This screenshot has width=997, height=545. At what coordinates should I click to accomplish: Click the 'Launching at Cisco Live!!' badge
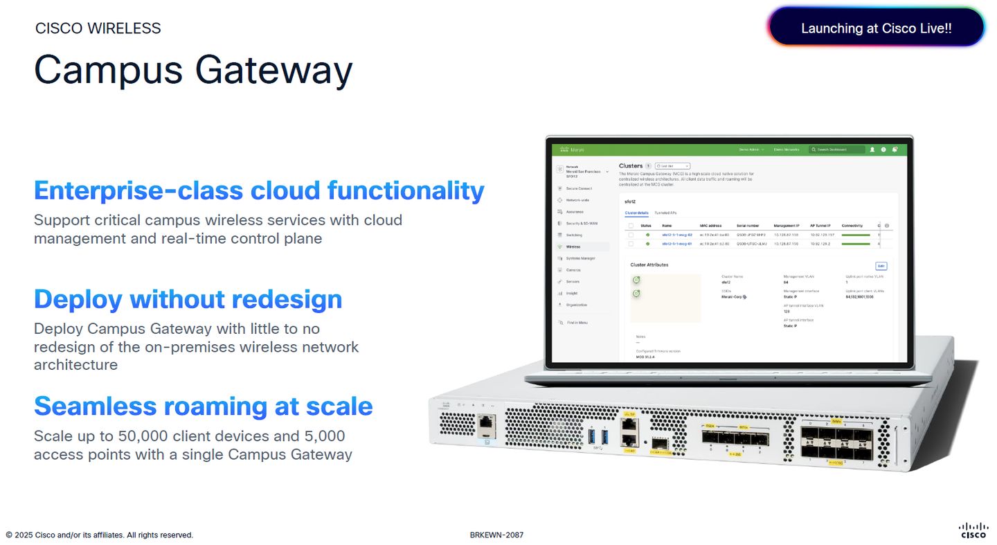point(876,28)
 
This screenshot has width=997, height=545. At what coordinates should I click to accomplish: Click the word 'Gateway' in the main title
point(273,70)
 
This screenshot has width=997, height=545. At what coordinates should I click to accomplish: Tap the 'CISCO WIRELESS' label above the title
point(98,28)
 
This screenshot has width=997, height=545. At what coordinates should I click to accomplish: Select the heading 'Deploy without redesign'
point(188,299)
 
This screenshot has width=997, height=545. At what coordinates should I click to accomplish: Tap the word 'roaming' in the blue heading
point(211,406)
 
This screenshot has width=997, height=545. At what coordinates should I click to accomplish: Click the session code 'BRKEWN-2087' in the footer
point(496,535)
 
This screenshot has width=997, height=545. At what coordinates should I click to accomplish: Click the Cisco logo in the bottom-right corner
point(973,530)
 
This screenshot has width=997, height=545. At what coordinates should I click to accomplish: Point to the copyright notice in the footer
point(100,535)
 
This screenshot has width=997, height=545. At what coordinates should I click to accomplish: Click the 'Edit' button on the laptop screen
point(881,266)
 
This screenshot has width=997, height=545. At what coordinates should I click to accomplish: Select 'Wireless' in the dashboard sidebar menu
point(573,247)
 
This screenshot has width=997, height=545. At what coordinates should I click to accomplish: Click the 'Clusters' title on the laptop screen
point(631,166)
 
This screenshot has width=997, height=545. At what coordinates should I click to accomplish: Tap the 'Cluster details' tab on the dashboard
point(636,213)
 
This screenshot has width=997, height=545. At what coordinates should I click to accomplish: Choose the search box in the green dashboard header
point(840,150)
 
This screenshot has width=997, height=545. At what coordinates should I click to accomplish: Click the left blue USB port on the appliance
point(591,437)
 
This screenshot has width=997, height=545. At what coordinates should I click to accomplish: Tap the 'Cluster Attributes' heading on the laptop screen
point(649,265)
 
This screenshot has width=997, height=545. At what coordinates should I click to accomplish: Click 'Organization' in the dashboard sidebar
point(577,305)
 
